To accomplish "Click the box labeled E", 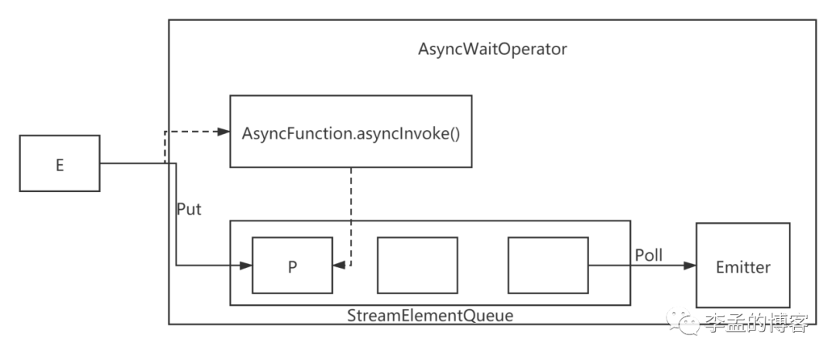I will [x=60, y=163].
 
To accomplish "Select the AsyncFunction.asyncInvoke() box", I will [x=351, y=131].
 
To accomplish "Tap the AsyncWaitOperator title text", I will [x=492, y=50].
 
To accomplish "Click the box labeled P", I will [x=293, y=266].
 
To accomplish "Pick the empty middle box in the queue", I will [x=417, y=266].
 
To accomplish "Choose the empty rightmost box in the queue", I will [x=548, y=266].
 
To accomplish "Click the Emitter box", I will [x=742, y=266].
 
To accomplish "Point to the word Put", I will [x=189, y=209].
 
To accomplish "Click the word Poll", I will [x=649, y=255].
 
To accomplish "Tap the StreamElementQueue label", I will [x=430, y=315].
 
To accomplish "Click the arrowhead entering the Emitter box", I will [x=689, y=266].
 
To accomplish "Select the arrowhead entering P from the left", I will [x=246, y=266].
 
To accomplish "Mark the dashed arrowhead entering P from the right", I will [x=339, y=266].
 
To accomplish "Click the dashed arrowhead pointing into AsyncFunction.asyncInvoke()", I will [x=224, y=132].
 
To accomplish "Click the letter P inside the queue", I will [x=293, y=266].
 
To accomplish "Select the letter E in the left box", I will [x=60, y=164].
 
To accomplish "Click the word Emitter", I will [x=742, y=267].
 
